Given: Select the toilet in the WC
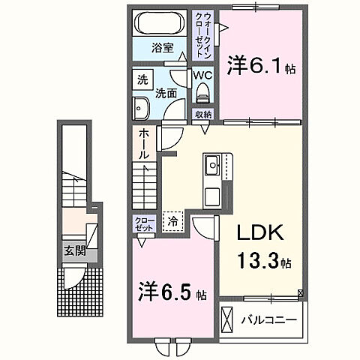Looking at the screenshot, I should [x=202, y=92].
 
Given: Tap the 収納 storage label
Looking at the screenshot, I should [x=202, y=114].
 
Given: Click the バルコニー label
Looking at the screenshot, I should [x=268, y=320].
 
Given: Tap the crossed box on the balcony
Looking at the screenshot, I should [x=228, y=319].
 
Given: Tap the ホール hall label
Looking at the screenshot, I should [x=142, y=142].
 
